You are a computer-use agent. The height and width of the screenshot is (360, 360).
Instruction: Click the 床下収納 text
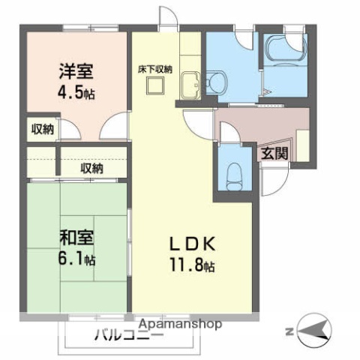pyautogui.click(x=155, y=69)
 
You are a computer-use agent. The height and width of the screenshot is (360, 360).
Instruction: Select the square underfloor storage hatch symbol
pyautogui.click(x=155, y=87)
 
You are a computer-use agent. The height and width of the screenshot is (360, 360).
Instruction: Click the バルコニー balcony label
pyautogui.click(x=128, y=336)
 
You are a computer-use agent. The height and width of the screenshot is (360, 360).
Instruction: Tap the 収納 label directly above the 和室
pyautogui.click(x=91, y=169)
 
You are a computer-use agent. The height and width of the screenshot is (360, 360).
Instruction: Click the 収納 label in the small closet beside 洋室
pyautogui.click(x=42, y=130)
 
